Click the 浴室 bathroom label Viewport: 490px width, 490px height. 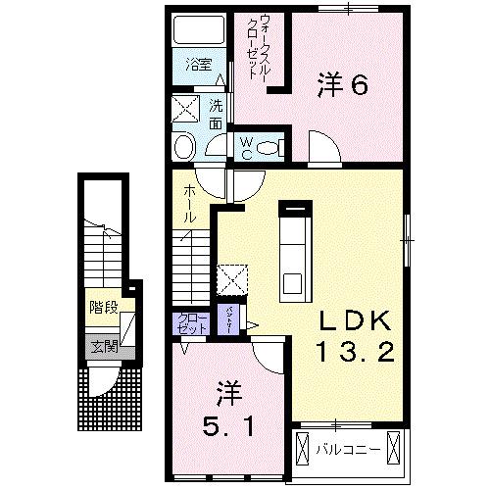(199, 66)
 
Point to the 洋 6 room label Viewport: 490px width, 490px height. (342, 86)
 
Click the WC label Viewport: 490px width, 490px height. (247, 148)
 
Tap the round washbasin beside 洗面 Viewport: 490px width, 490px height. (183, 147)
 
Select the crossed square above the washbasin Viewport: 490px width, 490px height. (185, 107)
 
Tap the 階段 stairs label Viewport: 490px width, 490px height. (104, 308)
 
